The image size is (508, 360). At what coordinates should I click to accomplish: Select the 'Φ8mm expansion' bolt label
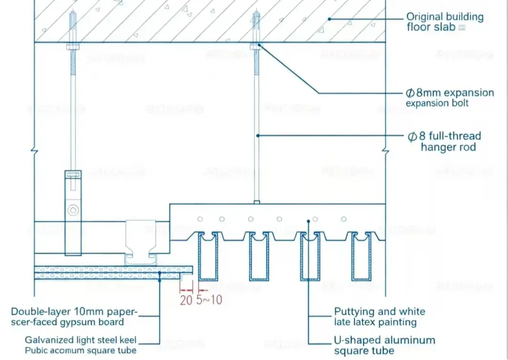click(x=450, y=93)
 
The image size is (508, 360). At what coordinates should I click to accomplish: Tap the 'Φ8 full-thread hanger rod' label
click(x=444, y=141)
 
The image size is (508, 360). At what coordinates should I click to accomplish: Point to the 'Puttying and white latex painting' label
click(x=379, y=317)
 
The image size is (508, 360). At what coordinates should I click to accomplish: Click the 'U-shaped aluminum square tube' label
click(x=384, y=346)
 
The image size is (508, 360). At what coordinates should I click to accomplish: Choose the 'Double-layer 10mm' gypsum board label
click(x=74, y=317)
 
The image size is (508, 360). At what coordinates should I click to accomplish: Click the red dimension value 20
click(x=186, y=300)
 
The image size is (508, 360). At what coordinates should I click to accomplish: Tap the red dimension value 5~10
click(x=209, y=300)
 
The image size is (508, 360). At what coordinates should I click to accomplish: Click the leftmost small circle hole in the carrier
click(x=200, y=219)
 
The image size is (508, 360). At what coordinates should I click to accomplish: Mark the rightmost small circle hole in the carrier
click(x=343, y=219)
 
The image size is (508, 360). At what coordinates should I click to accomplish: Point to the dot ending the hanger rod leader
click(x=257, y=136)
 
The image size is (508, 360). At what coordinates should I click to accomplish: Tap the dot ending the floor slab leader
click(x=329, y=19)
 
